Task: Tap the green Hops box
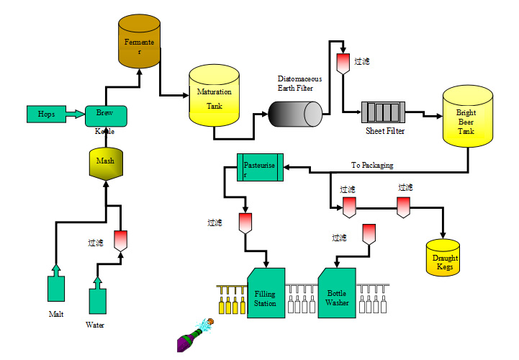pyautogui.click(x=46, y=114)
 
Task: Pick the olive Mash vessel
pyautogui.click(x=105, y=164)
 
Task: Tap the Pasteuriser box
pyautogui.click(x=260, y=167)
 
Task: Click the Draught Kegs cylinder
pyautogui.click(x=444, y=258)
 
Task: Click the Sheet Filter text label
pyautogui.click(x=385, y=131)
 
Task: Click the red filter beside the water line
pyautogui.click(x=120, y=240)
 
